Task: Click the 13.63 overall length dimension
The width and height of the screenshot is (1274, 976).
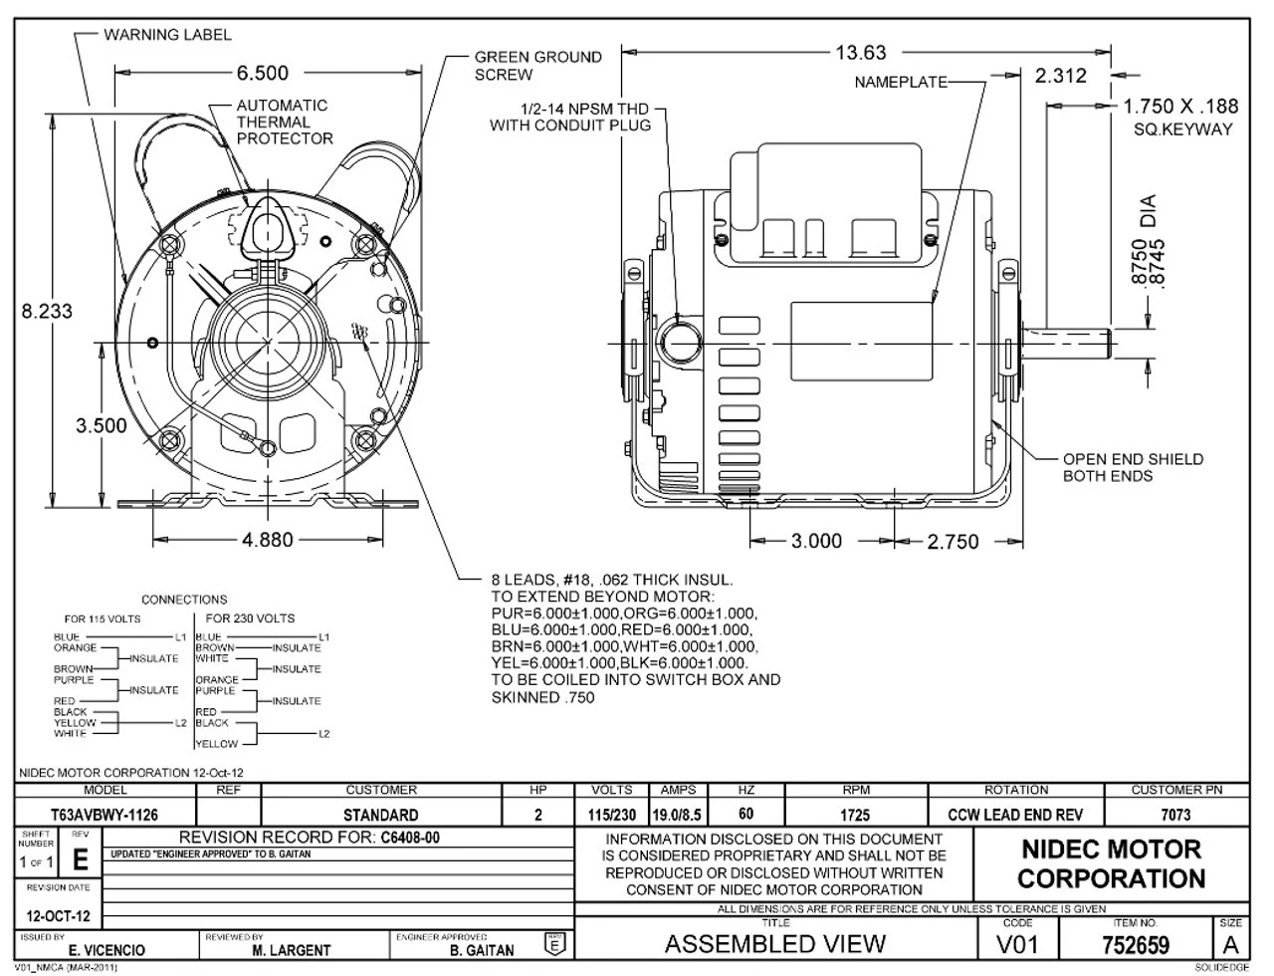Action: pos(861,53)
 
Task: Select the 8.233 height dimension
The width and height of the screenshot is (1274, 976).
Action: pos(47,311)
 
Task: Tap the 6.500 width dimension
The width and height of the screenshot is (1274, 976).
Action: pos(263,73)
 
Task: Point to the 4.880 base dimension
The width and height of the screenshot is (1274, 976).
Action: pos(268,540)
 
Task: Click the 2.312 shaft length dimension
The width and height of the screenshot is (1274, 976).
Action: pos(1060,76)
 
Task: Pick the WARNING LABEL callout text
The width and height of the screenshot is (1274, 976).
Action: pos(167,35)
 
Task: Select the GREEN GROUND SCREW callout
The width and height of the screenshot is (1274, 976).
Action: pos(537,66)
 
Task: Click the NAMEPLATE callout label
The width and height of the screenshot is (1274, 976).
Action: pos(900,83)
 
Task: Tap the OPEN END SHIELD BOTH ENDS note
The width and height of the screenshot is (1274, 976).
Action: pos(1133,467)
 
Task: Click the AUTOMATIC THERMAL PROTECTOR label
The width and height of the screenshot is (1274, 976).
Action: pos(285,122)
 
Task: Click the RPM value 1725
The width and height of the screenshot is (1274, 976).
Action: pos(855,816)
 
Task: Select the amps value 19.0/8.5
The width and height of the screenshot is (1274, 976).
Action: pos(677,816)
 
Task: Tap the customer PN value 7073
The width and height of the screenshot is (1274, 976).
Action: pos(1174,816)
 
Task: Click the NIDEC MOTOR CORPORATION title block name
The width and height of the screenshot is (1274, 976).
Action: pos(1111,864)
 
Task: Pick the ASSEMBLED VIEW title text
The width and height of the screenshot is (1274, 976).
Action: pos(775,944)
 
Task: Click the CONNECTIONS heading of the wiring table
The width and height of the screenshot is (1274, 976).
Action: pos(184,600)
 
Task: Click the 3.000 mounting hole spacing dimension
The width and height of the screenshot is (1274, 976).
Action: pos(816,542)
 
